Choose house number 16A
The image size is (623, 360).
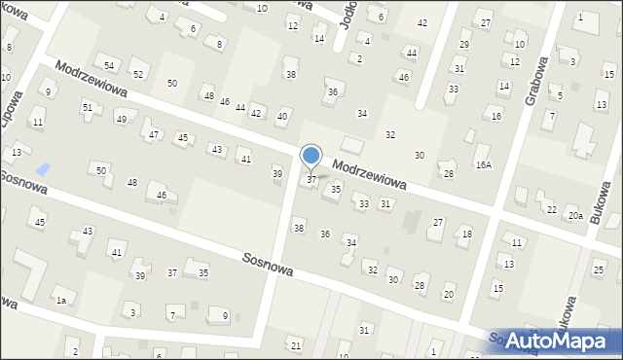click(483, 165)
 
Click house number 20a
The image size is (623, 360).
click(575, 215)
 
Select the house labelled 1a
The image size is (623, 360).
click(60, 301)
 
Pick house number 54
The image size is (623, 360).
click(110, 65)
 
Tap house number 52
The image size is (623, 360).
click(138, 74)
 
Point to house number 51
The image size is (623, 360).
click(87, 107)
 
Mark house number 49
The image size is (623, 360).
click(121, 119)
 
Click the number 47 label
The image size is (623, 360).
click(153, 133)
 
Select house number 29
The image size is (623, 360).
click(464, 45)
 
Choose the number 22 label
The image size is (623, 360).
click(551, 209)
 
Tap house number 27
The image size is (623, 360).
click(438, 223)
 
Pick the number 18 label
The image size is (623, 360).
click(467, 234)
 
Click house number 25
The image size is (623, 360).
click(598, 269)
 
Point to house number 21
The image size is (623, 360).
click(295, 345)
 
